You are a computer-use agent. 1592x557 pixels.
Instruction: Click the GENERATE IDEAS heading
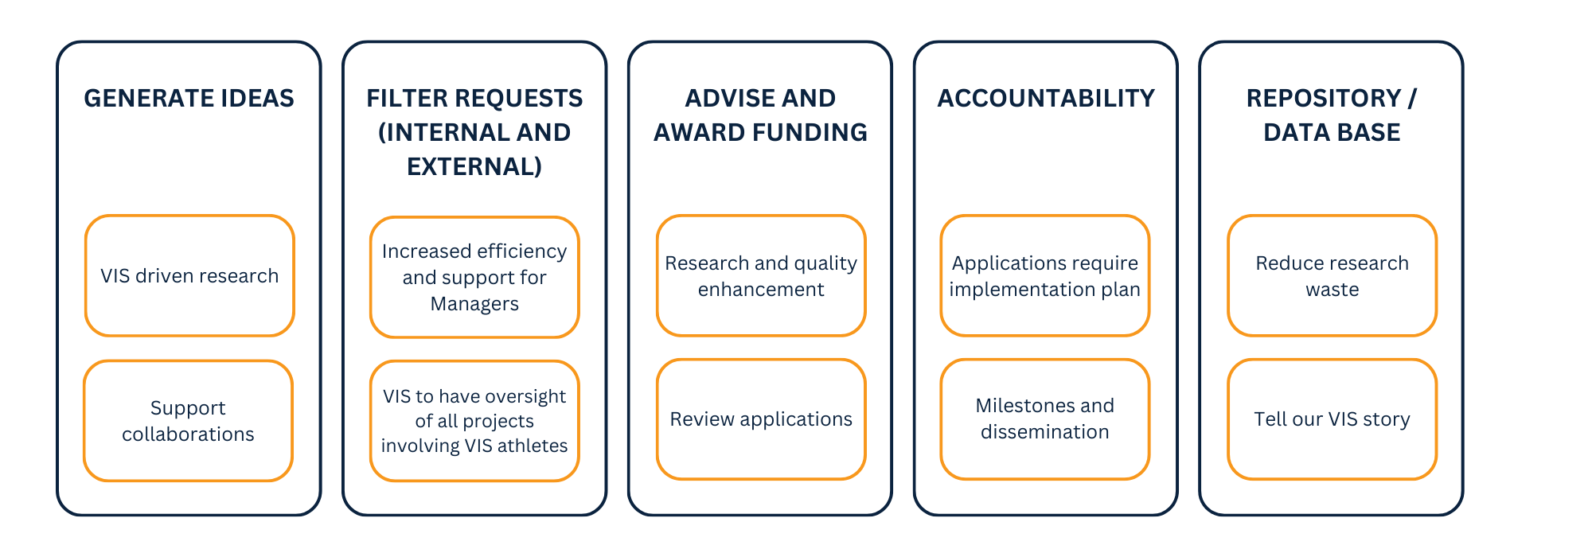pos(189,98)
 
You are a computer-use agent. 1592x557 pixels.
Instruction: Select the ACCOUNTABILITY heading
pos(1046,98)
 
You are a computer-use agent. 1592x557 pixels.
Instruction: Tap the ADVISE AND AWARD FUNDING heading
pos(760,115)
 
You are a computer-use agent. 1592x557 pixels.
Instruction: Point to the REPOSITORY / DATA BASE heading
pos(1332,115)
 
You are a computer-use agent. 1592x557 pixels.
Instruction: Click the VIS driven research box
pos(189,275)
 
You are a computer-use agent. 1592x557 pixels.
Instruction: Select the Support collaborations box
pos(188,420)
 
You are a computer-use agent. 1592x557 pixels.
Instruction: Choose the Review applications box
pos(761,419)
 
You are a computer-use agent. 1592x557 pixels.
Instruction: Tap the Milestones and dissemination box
pos(1045,419)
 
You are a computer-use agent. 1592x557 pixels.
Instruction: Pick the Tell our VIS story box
pos(1333,419)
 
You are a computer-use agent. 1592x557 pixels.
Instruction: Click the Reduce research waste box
pos(1333,275)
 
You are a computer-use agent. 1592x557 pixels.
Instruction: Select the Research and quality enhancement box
pos(761,275)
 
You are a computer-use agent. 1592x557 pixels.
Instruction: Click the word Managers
pos(474,304)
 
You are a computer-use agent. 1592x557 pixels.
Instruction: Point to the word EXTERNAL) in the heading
pos(474,166)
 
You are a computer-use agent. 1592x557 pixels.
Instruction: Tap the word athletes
pos(533,446)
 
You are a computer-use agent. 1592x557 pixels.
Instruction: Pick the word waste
pos(1333,290)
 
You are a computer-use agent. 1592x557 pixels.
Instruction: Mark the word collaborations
pos(188,434)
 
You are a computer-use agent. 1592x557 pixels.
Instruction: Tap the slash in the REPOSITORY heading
pos(1412,98)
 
